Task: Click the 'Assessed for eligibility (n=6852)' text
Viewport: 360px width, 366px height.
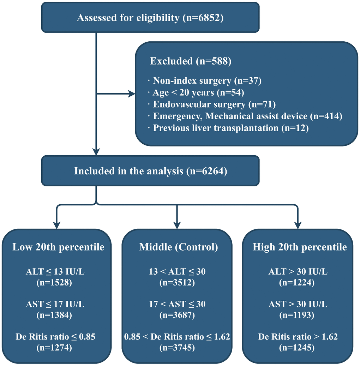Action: click(x=150, y=18)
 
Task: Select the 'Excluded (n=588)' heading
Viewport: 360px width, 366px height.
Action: click(x=190, y=61)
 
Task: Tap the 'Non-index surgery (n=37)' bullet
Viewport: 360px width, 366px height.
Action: click(x=206, y=81)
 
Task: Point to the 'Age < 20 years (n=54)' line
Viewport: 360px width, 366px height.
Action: click(x=198, y=93)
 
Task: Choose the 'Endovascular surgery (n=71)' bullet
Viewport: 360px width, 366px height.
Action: click(x=214, y=104)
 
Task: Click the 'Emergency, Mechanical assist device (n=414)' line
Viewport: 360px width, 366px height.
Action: click(x=247, y=116)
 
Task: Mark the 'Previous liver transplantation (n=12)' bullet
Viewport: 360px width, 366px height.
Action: click(x=230, y=128)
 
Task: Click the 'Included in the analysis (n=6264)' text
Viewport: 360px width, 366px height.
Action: click(x=150, y=171)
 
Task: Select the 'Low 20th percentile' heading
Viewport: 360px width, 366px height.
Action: click(x=58, y=247)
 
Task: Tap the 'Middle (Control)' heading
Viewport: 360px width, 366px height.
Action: click(x=178, y=247)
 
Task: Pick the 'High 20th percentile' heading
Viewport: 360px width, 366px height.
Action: click(x=300, y=247)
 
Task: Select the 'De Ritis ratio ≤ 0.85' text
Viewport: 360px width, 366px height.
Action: click(x=55, y=337)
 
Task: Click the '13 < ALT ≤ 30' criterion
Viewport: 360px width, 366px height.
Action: click(x=177, y=272)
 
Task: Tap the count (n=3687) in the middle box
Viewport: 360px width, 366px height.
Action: click(x=177, y=315)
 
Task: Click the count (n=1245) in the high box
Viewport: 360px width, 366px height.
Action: click(x=296, y=348)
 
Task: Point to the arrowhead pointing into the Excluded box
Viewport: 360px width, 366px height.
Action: click(x=131, y=94)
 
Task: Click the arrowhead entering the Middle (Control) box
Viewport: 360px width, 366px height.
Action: click(x=176, y=225)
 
